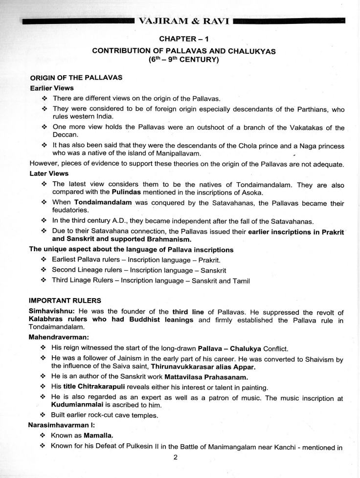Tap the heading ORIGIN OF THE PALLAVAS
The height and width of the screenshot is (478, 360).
click(76, 78)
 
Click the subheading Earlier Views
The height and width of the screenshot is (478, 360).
click(52, 88)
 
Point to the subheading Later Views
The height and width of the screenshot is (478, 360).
click(49, 174)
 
